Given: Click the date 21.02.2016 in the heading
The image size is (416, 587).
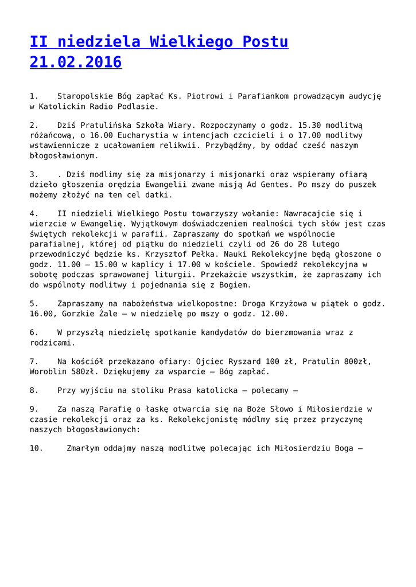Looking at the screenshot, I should (76, 61).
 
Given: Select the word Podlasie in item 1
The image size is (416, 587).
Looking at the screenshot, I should (138, 106).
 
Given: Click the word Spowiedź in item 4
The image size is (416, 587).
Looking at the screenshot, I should (284, 264).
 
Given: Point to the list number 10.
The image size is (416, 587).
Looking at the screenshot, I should (36, 448).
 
